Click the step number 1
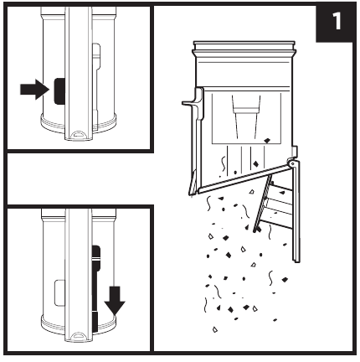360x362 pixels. tap(337, 21)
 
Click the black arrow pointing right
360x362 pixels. tap(35, 90)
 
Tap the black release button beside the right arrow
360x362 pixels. tap(59, 91)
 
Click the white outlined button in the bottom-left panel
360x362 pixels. tap(59, 292)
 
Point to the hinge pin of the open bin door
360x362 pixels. tap(291, 163)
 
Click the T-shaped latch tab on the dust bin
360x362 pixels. tap(194, 103)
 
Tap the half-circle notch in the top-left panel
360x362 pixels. tap(79, 134)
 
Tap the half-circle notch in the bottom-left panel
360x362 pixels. tap(79, 336)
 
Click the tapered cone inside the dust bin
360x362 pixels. tap(245, 116)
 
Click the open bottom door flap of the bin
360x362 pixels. tap(242, 179)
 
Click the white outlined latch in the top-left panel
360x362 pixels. tap(96, 56)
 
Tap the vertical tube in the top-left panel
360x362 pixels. tap(79, 73)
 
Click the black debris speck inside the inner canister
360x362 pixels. tap(267, 140)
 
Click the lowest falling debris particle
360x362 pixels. tap(215, 329)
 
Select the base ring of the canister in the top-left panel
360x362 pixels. tap(79, 124)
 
